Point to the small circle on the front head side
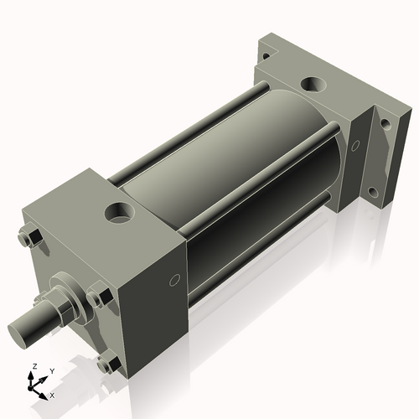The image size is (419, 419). pos(175,280)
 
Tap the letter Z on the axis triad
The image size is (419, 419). pos(34,366)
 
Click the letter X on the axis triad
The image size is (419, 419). pos(52,394)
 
